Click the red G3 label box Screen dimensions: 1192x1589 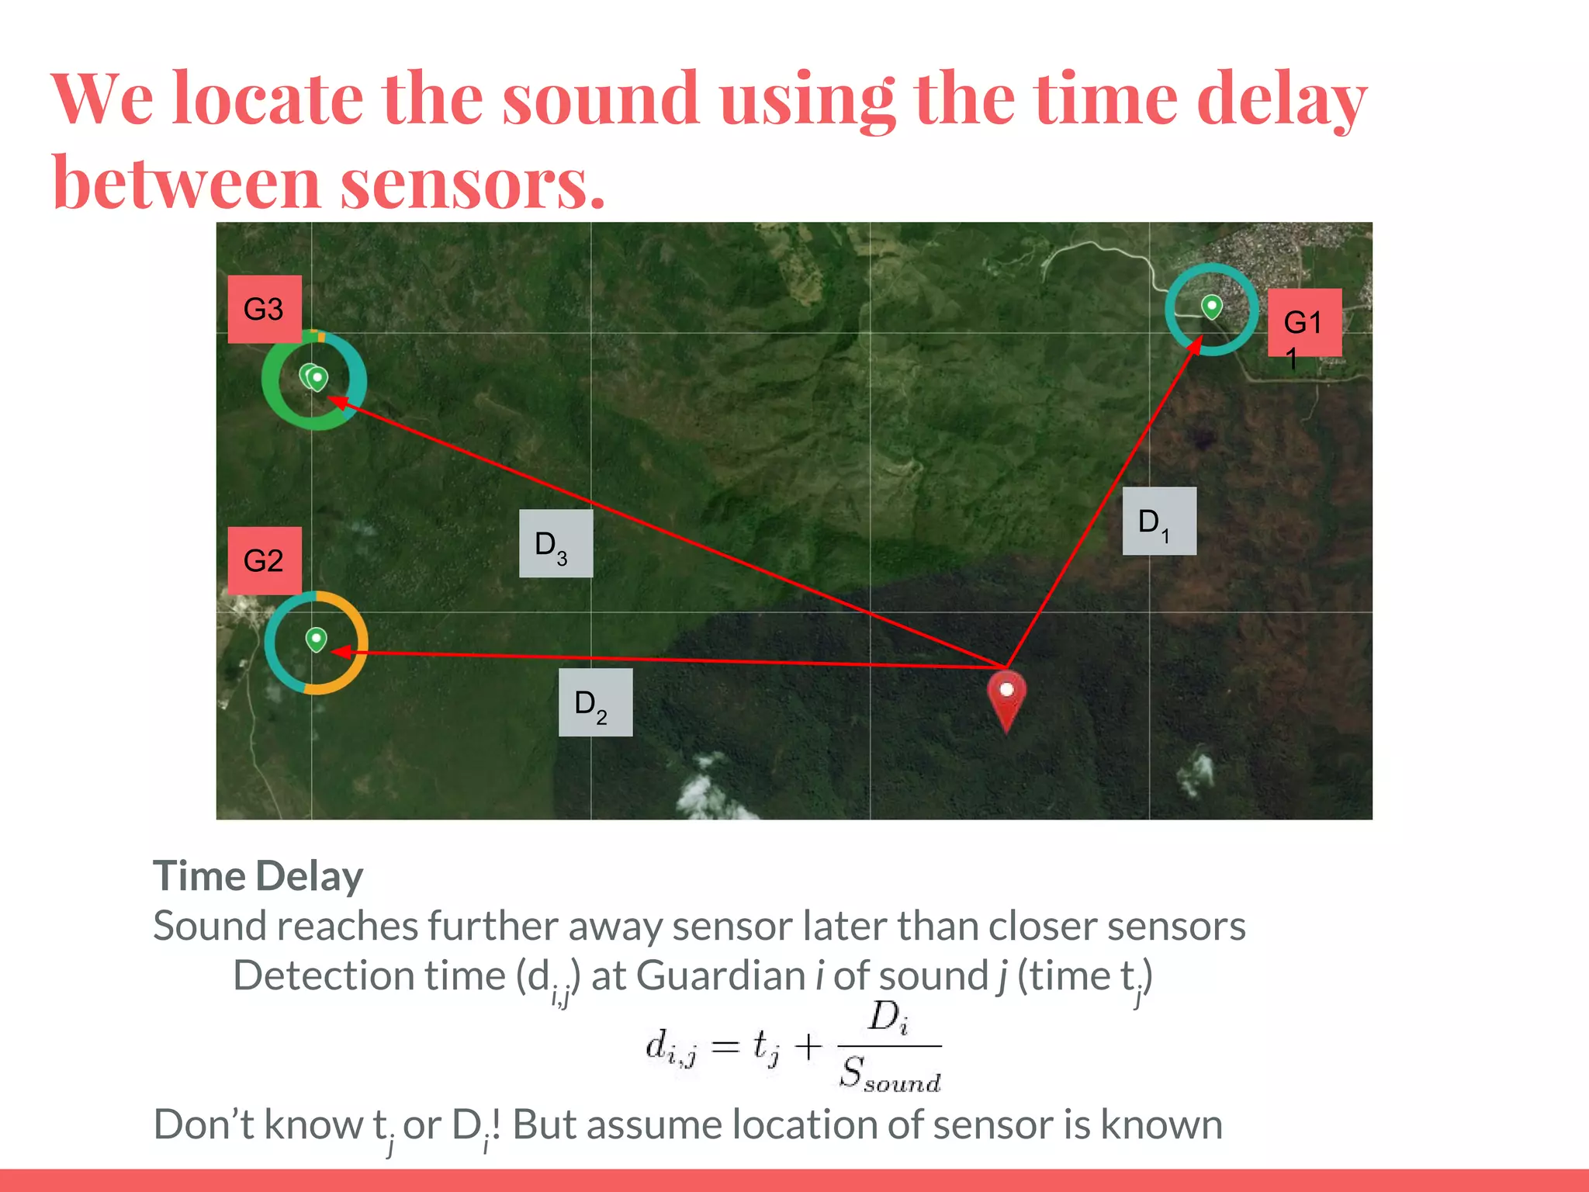pos(264,309)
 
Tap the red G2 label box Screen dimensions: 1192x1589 pos(264,560)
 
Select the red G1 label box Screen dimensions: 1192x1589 pos(1304,323)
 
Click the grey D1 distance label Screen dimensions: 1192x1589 pos(1158,521)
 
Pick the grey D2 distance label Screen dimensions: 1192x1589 pos(595,702)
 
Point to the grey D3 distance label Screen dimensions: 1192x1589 pos(556,543)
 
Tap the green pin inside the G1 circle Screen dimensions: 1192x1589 pos(1211,307)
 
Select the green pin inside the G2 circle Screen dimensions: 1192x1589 pos(316,639)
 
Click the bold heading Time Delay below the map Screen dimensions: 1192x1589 pos(258,876)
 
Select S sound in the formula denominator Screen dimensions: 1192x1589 pos(890,1074)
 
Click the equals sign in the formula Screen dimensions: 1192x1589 pos(725,1047)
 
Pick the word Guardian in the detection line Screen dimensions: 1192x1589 pos(719,975)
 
